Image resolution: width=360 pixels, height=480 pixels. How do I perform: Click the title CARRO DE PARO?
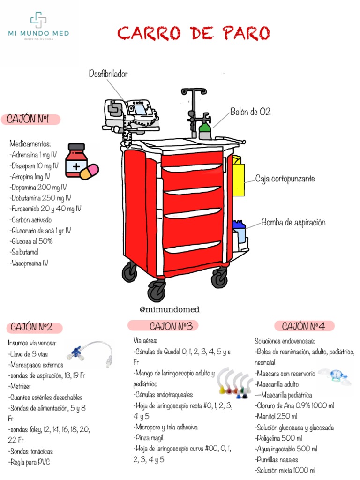[194, 34]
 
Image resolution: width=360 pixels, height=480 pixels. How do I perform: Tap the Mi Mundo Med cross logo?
[38, 20]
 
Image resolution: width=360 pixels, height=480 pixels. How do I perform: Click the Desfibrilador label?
[108, 74]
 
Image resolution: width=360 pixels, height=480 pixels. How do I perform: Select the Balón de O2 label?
[250, 112]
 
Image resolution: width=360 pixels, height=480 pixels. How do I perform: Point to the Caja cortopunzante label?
[285, 179]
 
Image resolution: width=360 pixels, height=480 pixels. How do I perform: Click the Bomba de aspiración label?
[293, 222]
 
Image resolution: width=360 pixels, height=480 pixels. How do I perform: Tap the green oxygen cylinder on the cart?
[205, 130]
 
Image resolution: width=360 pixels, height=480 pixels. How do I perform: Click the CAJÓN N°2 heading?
[36, 327]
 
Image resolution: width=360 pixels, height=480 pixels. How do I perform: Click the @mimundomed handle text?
[170, 309]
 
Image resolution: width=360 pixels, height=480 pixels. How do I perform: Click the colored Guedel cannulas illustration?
[233, 382]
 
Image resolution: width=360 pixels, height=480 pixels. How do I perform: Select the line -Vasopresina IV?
[29, 263]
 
